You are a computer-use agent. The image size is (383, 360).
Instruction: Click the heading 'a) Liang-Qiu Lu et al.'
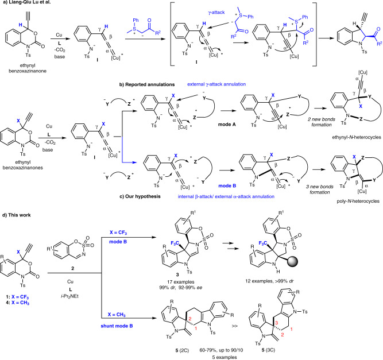coord(29,5)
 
